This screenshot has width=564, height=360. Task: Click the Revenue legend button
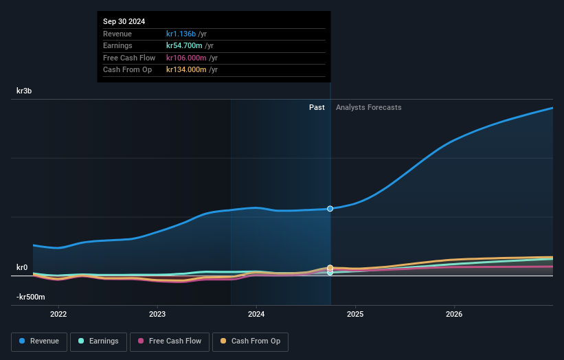40,341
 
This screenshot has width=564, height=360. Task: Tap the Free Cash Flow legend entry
169,341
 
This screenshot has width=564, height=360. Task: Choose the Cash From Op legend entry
251,341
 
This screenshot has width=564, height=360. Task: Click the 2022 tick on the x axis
58,315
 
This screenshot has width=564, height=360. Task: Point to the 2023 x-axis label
157,315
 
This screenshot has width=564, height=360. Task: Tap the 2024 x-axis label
256,315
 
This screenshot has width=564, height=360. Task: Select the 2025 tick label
355,315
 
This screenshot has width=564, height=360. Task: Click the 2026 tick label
454,315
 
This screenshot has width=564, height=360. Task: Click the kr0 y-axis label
22,267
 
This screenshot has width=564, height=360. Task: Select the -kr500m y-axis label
31,297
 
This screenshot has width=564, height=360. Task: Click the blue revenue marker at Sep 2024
330,208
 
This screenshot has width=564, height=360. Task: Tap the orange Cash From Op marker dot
330,268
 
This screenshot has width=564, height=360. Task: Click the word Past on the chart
317,107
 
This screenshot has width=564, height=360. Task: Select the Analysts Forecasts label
368,107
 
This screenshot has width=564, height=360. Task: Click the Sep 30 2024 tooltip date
124,22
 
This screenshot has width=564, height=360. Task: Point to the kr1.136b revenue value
181,34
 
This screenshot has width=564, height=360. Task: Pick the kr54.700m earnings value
185,46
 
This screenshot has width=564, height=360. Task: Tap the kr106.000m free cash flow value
187,58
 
